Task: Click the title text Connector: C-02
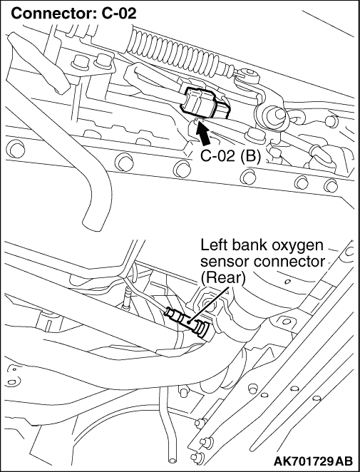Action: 73,14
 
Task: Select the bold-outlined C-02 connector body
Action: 205,103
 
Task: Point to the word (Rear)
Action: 222,279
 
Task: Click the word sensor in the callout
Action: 225,262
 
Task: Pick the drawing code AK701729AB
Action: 314,461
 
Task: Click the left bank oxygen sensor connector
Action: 187,322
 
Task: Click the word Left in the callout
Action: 212,245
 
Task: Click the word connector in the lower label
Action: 288,262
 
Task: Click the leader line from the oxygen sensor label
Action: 208,304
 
